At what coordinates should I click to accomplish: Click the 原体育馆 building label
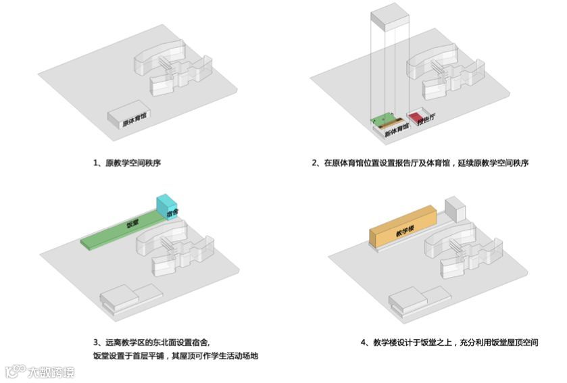134,122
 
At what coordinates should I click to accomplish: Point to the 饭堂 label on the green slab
132,224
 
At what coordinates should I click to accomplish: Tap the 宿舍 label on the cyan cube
172,213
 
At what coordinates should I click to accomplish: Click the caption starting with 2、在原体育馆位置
420,163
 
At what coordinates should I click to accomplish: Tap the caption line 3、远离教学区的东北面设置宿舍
155,342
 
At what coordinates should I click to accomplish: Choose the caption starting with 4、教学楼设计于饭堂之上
449,342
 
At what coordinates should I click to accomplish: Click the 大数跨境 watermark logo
41,372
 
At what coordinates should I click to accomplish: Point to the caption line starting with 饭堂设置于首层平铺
176,356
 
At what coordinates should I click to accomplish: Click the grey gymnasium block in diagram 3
128,297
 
